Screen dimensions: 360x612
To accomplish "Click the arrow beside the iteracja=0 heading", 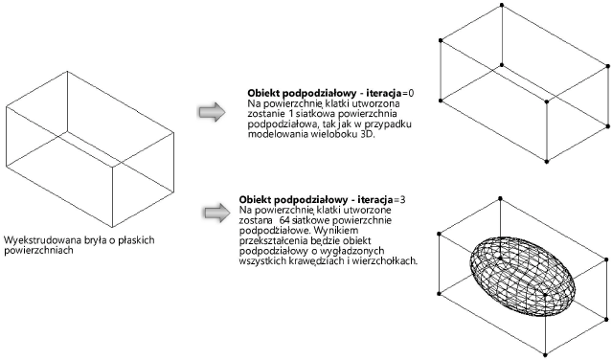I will [211, 113].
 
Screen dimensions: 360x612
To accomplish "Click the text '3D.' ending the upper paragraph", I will [368, 135].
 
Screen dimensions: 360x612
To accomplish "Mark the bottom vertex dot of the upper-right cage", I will [546, 158].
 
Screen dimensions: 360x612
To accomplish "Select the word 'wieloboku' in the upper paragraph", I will [341, 135].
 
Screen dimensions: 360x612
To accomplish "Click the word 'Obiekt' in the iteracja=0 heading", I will [265, 90].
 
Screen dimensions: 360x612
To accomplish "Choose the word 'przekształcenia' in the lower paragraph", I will [274, 240].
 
